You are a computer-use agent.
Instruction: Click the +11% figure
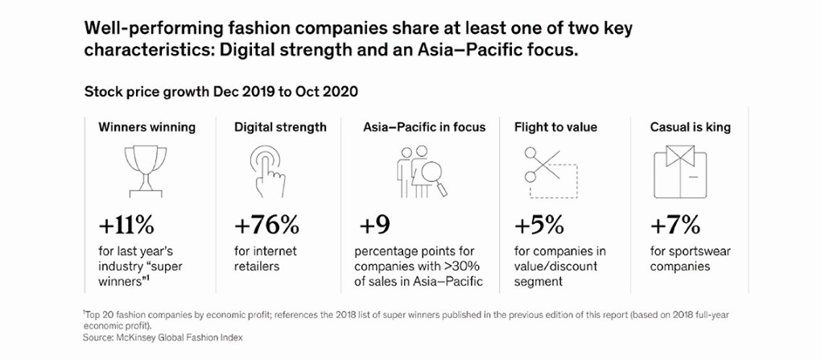tap(126, 226)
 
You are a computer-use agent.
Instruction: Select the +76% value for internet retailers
tap(267, 226)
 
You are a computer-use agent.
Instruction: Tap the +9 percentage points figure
tap(374, 226)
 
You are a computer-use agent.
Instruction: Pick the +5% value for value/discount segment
tap(539, 226)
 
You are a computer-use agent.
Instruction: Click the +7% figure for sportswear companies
tap(675, 226)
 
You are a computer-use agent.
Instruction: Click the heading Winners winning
tap(147, 126)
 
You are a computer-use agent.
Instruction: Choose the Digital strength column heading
tap(280, 127)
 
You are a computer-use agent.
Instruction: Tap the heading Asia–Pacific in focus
tap(425, 126)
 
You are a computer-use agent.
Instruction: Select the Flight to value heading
tap(555, 127)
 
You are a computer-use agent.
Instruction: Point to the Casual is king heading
tap(690, 127)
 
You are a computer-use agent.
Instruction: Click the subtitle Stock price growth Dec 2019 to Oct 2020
tap(221, 93)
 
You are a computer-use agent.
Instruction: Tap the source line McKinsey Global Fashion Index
tap(163, 338)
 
